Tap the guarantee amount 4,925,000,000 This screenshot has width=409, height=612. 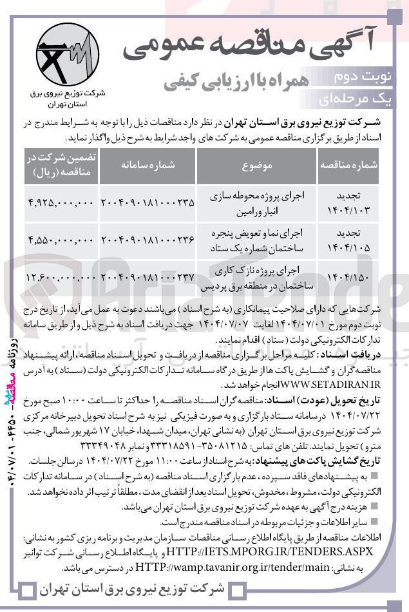[61, 202]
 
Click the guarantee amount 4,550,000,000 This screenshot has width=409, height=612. [61, 240]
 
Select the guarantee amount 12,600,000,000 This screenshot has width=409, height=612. [61, 276]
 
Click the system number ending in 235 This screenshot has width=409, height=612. [147, 202]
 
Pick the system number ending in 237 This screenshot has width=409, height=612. [147, 276]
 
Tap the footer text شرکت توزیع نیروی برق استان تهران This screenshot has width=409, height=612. [132, 589]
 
